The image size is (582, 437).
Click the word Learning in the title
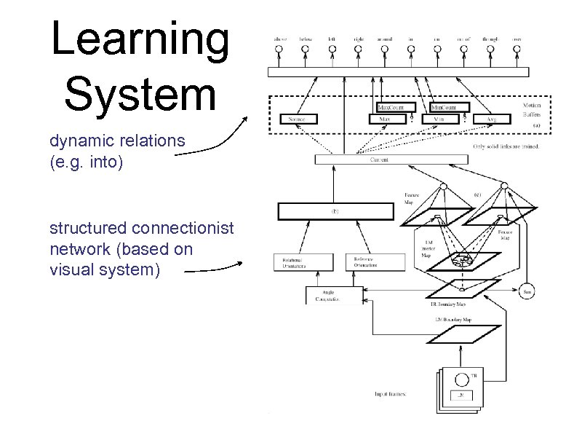[140, 41]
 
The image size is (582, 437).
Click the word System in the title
[140, 94]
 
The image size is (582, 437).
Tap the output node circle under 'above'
[278, 50]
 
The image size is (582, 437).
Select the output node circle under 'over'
[517, 50]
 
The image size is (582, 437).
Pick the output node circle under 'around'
[383, 50]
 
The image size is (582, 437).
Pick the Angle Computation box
[329, 295]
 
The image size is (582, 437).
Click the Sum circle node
[527, 291]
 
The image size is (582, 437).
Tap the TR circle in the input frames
[461, 379]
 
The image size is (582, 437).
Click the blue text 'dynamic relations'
[117, 141]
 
